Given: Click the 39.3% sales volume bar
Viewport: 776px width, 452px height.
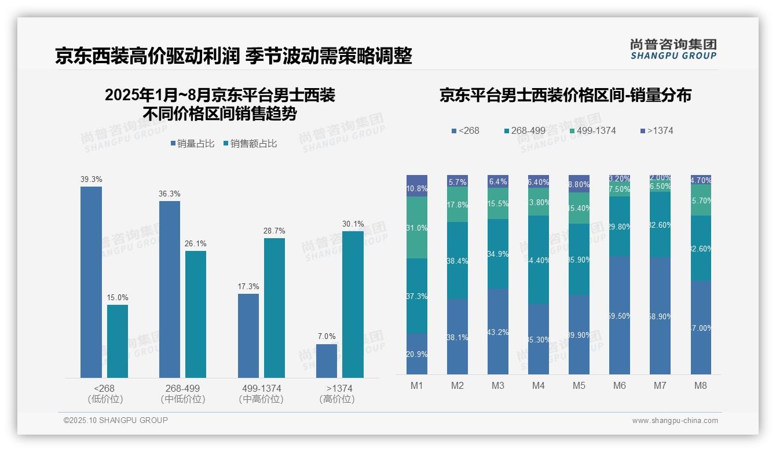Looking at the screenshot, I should point(91,282).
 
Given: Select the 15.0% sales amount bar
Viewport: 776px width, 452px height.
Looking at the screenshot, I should point(118,341).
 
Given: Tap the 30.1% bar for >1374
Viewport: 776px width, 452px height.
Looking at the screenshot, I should point(353,304).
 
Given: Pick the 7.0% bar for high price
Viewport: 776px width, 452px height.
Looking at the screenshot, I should point(327,360).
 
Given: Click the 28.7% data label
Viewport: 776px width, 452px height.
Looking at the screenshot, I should point(274,231).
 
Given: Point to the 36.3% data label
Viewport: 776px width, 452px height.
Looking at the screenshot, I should point(169,194).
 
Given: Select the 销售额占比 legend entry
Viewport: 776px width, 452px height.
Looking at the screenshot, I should point(250,144).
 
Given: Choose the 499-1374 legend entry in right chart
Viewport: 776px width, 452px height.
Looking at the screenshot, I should point(592,131).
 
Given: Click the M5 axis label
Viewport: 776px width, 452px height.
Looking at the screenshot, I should point(579,386).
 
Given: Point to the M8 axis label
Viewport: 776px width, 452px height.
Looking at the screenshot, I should point(701,386).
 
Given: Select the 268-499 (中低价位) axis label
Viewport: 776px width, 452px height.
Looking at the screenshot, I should point(182,393).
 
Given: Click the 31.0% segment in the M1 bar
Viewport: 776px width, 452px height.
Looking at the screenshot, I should point(417,228).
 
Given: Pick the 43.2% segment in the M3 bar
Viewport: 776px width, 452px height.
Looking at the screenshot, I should point(498,331).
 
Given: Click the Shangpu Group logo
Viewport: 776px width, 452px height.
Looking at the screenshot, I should point(673,49).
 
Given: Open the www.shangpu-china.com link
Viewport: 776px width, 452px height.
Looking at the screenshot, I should point(675,421).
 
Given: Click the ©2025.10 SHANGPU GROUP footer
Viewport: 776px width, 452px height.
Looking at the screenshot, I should point(116,420).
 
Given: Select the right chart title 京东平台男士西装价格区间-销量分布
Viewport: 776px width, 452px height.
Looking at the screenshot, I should point(565,96).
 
